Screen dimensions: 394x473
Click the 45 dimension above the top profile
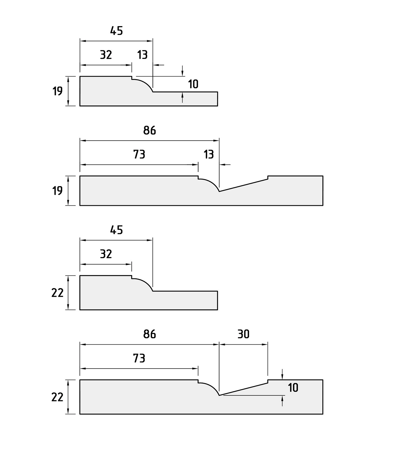[x=116, y=31]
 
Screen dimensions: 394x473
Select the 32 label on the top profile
[x=106, y=55]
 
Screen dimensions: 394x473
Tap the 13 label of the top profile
[x=142, y=55]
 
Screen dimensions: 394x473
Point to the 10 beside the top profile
[x=193, y=84]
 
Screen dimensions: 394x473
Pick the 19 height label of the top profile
[x=57, y=91]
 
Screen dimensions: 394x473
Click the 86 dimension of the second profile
[x=149, y=130]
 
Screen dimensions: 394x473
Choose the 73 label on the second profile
[x=139, y=154]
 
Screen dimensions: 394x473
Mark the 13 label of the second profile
[x=209, y=154]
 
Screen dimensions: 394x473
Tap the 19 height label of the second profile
[x=57, y=191]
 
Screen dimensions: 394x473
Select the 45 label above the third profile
[x=116, y=230]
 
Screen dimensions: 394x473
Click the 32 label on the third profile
[x=106, y=254]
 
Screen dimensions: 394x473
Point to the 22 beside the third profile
[x=57, y=293]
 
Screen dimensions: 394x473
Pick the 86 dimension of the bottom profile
[x=149, y=334]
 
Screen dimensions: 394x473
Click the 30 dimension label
[x=244, y=334]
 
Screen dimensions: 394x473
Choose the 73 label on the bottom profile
[x=139, y=358]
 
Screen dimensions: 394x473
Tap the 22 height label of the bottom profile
[x=57, y=397]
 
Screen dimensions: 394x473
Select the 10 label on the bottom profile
[x=293, y=388]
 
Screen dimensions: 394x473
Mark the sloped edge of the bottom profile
[x=244, y=389]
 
